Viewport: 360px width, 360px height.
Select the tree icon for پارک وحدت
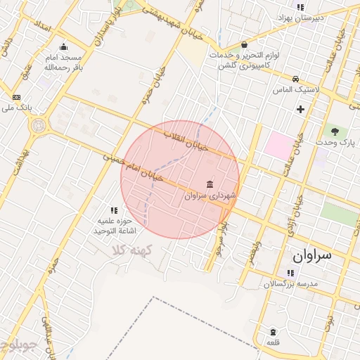coord(334,131)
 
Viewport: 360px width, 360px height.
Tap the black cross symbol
coord(301,109)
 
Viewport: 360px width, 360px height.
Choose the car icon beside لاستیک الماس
coord(296,79)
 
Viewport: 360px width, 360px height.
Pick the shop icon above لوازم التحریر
coord(244,44)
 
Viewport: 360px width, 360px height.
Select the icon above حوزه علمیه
coord(113,210)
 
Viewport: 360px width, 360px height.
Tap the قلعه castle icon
coord(273,332)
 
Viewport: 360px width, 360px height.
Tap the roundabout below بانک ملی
coord(37,126)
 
